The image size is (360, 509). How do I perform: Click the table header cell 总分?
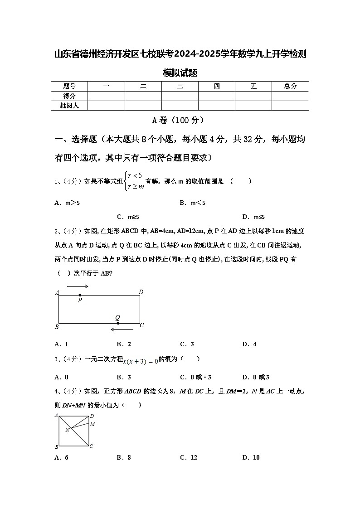click(x=290, y=86)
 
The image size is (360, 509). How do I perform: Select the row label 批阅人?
click(x=69, y=106)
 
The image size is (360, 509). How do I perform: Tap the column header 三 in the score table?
click(x=180, y=86)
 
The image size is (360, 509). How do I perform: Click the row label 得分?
click(x=69, y=96)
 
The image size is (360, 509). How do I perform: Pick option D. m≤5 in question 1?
click(x=253, y=217)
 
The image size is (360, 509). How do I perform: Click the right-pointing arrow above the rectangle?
click(x=78, y=286)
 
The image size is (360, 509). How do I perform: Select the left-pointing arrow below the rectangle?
click(x=122, y=330)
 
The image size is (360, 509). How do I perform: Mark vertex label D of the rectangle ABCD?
click(x=141, y=292)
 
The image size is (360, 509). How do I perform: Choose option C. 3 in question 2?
click(x=187, y=344)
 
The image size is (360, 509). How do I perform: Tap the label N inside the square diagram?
click(x=67, y=430)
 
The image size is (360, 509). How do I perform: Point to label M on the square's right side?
click(x=92, y=424)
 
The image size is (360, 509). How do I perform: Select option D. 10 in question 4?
click(x=251, y=457)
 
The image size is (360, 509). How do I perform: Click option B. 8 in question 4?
click(x=123, y=457)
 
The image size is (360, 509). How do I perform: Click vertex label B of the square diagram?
click(x=57, y=447)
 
